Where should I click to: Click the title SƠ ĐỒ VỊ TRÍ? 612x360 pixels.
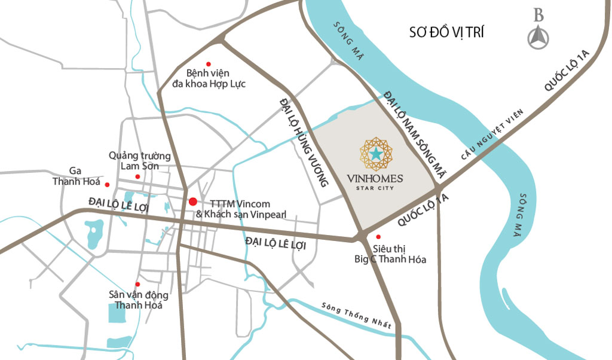tap(446, 32)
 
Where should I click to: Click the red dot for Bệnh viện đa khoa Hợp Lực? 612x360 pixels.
tap(209, 64)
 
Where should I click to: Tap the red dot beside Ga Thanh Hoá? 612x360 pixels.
tap(108, 184)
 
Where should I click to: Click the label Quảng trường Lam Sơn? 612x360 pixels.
tap(140, 161)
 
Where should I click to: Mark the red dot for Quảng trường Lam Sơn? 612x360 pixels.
tap(137, 176)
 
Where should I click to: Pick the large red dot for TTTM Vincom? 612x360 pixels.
tap(192, 202)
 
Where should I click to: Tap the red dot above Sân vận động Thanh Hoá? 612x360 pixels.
tap(137, 284)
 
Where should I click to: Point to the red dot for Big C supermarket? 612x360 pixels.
tap(378, 237)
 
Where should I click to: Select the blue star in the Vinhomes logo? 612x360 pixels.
tap(375, 154)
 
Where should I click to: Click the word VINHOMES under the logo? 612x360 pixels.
tap(375, 178)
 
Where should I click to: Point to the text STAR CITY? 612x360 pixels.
tap(375, 190)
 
